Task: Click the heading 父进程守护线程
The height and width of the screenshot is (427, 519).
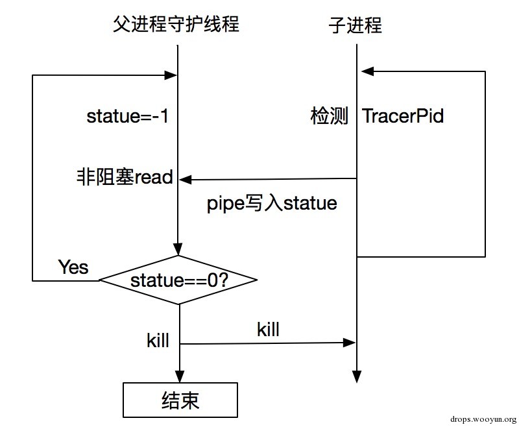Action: [176, 24]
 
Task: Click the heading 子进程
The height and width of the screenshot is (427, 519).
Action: [356, 25]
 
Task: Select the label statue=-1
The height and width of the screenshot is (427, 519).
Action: [128, 117]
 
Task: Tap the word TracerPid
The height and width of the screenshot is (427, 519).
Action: [403, 116]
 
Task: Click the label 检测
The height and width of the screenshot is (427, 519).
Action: [330, 116]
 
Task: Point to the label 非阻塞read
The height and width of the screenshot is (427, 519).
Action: [125, 177]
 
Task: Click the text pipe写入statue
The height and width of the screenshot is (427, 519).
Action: [272, 203]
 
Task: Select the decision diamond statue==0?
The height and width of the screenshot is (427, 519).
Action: [178, 280]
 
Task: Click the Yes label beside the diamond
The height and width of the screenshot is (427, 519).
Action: [73, 267]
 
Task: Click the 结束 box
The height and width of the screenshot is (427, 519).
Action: [179, 400]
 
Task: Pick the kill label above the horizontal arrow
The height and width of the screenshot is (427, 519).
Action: [268, 329]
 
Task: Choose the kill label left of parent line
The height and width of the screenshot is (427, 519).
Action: [158, 341]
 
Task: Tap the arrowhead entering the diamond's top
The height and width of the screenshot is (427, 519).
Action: [178, 251]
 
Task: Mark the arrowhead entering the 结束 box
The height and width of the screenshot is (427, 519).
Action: [178, 378]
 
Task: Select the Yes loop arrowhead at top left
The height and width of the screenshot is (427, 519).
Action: [172, 75]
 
